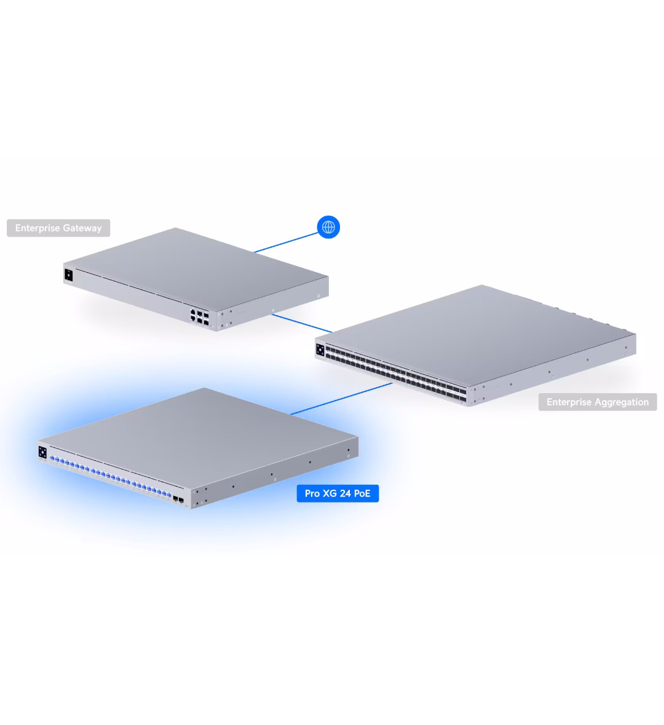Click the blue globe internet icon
pyautogui.click(x=328, y=227)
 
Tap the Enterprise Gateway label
pyautogui.click(x=58, y=228)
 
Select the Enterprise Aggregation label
pyautogui.click(x=598, y=402)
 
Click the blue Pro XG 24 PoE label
pyautogui.click(x=338, y=493)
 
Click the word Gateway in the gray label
pyautogui.click(x=82, y=229)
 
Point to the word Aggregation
pyautogui.click(x=622, y=402)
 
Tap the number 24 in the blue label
pyautogui.click(x=345, y=493)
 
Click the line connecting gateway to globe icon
pyautogui.click(x=287, y=243)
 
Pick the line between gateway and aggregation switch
pyautogui.click(x=302, y=323)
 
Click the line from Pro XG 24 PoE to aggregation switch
pyautogui.click(x=341, y=399)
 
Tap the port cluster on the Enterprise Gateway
pyautogui.click(x=199, y=316)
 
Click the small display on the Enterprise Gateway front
pyautogui.click(x=68, y=275)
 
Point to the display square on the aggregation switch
pyautogui.click(x=320, y=350)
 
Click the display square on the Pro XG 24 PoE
pyautogui.click(x=42, y=452)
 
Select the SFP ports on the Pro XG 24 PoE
pyautogui.click(x=178, y=500)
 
